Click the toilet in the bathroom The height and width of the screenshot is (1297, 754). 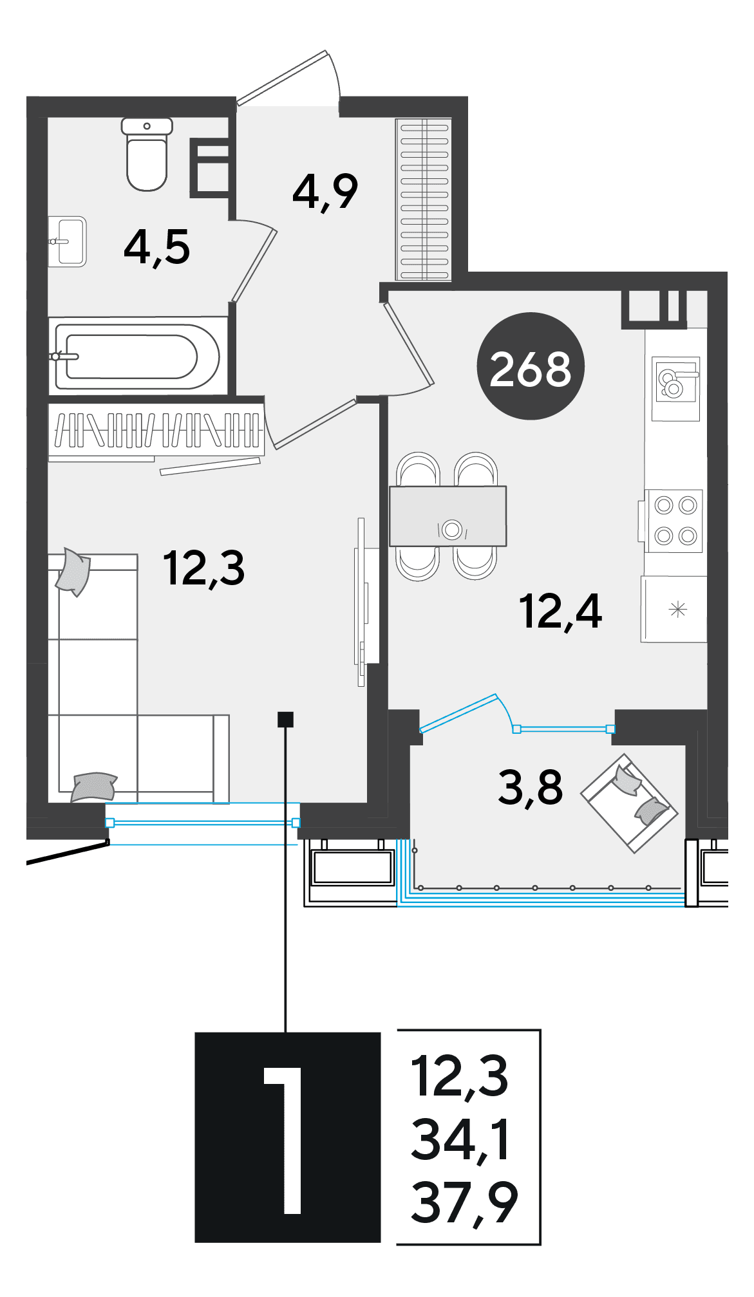(x=147, y=154)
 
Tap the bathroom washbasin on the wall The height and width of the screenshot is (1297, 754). (x=68, y=242)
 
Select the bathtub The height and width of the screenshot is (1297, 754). (x=138, y=356)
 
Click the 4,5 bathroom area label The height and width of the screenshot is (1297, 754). (x=157, y=248)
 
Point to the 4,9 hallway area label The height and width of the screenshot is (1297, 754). (x=325, y=192)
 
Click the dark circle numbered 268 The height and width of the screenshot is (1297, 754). (x=531, y=366)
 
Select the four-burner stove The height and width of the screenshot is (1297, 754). (x=674, y=520)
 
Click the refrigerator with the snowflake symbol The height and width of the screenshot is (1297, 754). (x=674, y=609)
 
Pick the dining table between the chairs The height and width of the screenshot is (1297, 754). (x=448, y=516)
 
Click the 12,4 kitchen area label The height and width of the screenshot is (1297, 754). (x=561, y=611)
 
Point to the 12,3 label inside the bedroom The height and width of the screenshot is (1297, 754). (x=204, y=568)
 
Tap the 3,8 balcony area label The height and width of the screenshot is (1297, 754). (x=531, y=788)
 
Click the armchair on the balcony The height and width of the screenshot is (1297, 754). (x=629, y=803)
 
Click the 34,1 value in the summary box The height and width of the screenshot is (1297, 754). (x=461, y=1140)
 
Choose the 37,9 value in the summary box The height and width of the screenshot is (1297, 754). (x=464, y=1203)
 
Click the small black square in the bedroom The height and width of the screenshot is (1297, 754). (x=285, y=719)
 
